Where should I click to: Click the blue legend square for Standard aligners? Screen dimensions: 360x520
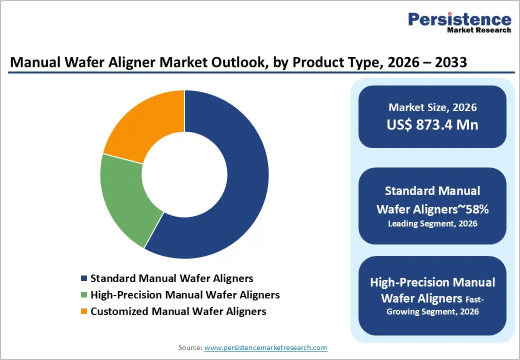(83, 278)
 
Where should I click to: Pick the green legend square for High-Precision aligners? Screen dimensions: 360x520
(83, 295)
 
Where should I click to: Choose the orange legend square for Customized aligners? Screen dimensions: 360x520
(83, 311)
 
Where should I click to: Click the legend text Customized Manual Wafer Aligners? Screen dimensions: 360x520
(178, 311)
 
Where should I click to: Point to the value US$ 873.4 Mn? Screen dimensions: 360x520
(432, 124)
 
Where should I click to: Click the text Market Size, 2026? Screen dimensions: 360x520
(432, 107)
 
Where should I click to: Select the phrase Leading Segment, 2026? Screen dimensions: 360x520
(432, 223)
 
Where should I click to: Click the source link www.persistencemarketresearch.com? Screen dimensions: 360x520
(266, 347)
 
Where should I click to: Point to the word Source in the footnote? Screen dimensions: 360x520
(189, 347)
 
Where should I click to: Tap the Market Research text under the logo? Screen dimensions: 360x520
(479, 30)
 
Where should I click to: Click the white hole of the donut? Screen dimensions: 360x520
(184, 174)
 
